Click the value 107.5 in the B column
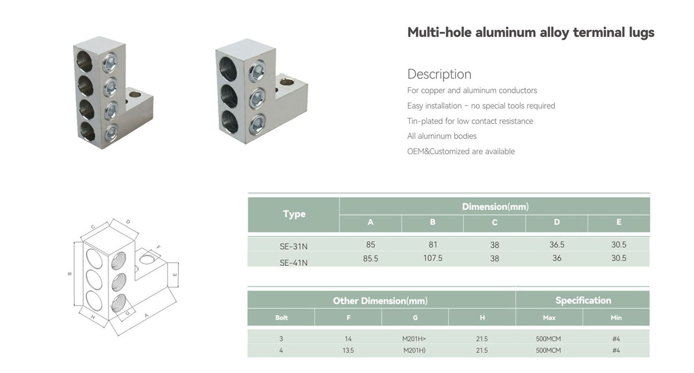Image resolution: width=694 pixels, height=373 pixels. coord(432,258)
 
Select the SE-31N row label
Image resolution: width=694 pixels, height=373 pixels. coord(293,246)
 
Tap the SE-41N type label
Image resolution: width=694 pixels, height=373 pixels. coord(293,263)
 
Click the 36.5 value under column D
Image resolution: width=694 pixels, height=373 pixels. coord(556,245)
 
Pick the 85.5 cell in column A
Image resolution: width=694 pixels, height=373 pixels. coord(370,259)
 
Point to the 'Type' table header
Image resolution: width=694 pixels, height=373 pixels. coord(294,214)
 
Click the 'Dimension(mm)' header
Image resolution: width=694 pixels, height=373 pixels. coord(495,207)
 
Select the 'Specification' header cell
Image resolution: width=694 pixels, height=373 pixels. coord(583,300)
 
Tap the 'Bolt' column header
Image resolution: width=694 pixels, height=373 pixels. coord(282,318)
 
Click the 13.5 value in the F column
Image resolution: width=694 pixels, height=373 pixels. coord(348,350)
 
